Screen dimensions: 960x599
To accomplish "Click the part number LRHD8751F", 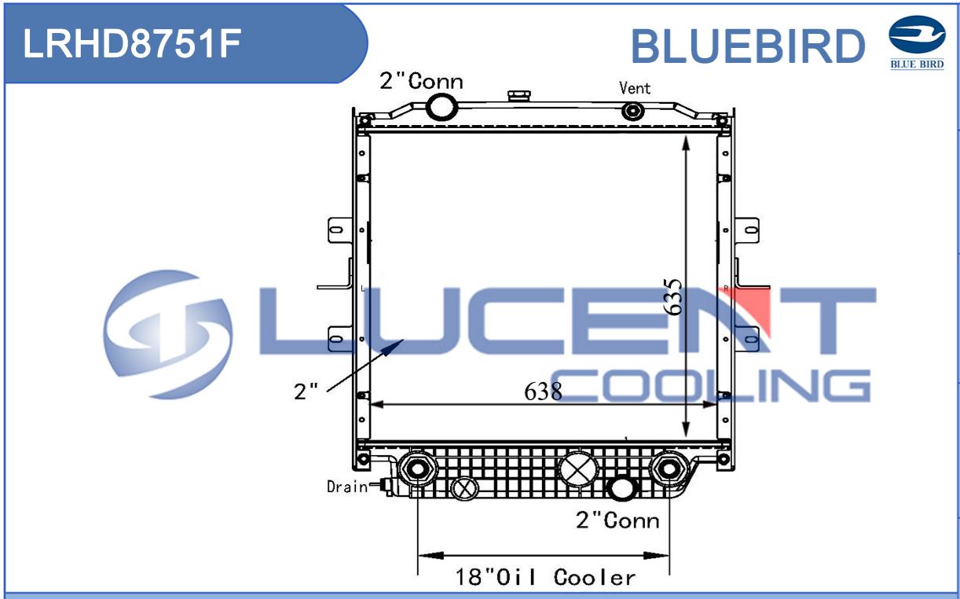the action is [x=132, y=43].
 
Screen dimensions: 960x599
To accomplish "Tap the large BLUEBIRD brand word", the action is [x=748, y=46].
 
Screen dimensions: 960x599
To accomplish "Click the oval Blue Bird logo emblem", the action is [x=917, y=35].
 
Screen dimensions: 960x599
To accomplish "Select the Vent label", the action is [x=635, y=88].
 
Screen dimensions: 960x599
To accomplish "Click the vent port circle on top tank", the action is [x=633, y=111].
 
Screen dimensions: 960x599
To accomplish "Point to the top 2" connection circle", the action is [x=442, y=107].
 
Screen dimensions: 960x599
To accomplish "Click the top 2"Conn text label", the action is [x=421, y=82].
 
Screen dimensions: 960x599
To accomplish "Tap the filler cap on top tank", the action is [x=519, y=96].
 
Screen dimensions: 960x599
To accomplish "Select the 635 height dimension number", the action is [x=672, y=296].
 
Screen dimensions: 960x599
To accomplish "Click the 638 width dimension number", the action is [x=543, y=391].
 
